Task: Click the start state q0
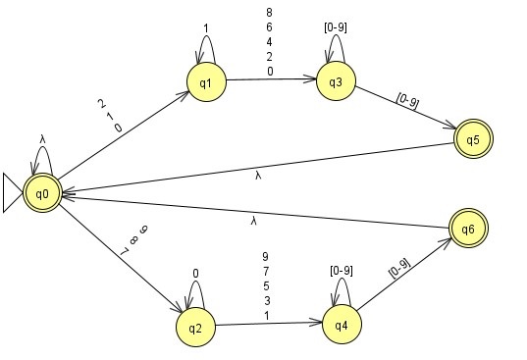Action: point(42,192)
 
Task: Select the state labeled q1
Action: point(206,83)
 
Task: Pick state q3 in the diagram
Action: point(336,82)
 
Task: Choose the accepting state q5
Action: point(472,138)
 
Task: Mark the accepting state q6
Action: point(467,229)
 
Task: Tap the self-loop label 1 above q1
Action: point(206,26)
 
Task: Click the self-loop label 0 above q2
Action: point(195,274)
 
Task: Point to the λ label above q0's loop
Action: point(42,138)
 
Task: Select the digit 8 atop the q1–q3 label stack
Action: point(270,12)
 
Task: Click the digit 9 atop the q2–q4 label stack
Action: point(265,257)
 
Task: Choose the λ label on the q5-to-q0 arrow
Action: point(257,175)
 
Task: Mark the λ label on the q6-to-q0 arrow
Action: point(253,222)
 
